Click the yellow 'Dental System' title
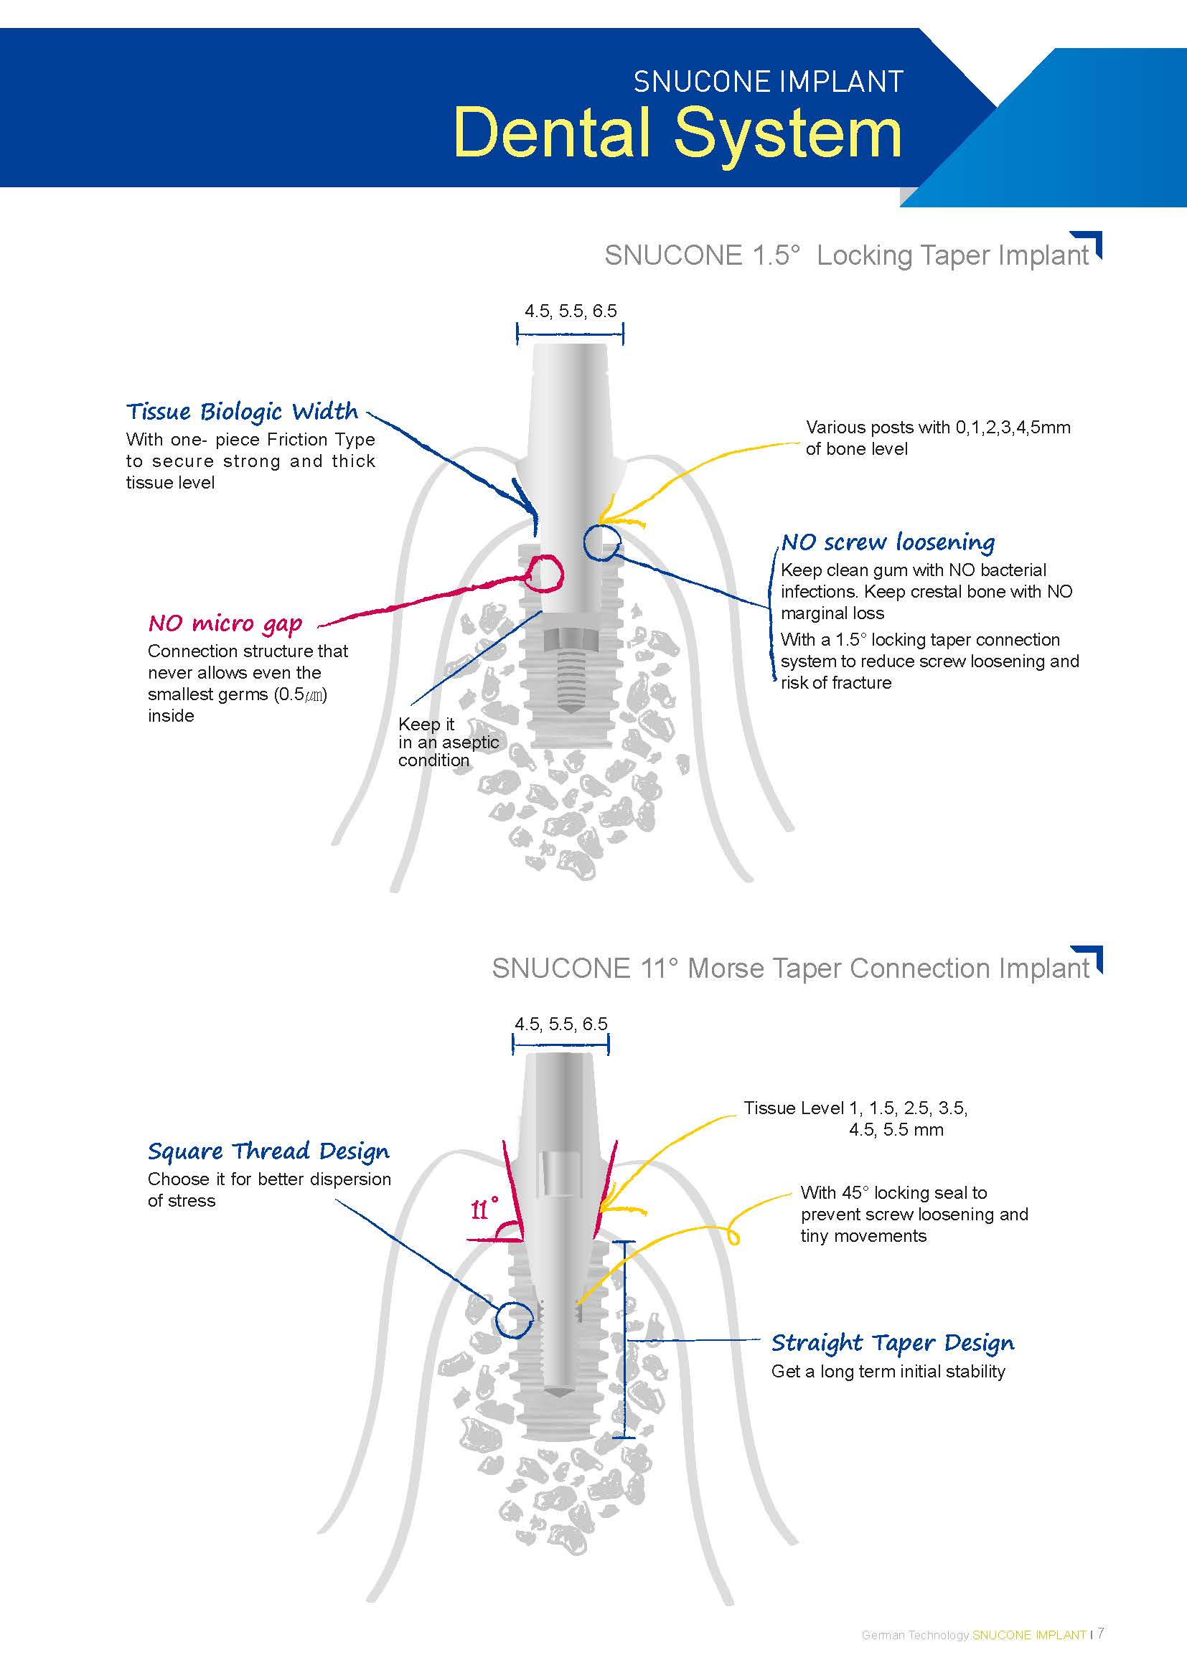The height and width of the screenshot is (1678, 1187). (677, 133)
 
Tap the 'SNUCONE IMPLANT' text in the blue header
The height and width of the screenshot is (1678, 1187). (767, 82)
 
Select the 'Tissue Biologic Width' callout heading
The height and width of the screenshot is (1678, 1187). (242, 412)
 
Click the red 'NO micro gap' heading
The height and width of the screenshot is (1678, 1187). (225, 623)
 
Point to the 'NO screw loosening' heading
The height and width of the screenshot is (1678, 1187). (887, 542)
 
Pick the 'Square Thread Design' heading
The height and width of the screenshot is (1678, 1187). (268, 1152)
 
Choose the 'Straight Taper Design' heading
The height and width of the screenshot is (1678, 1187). (893, 1343)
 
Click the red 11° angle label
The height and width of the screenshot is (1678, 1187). (484, 1210)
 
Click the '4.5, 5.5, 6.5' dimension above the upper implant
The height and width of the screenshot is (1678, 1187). (570, 311)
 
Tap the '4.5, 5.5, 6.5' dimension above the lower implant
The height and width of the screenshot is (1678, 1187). (560, 1024)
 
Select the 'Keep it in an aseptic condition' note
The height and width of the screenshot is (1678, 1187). (447, 742)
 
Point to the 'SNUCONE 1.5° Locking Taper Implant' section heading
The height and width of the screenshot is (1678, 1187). (846, 255)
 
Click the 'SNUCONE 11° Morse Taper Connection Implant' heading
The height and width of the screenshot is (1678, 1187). (790, 968)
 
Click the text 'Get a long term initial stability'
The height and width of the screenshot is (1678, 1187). (888, 1372)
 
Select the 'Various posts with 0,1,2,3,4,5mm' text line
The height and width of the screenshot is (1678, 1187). (938, 428)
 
